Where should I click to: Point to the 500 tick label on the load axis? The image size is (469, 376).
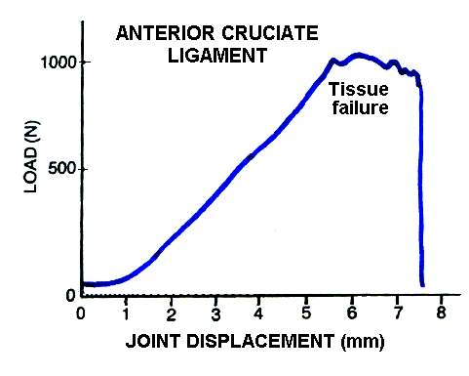click(63, 169)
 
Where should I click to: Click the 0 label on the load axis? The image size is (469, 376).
click(71, 295)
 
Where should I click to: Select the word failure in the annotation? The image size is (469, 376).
click(359, 108)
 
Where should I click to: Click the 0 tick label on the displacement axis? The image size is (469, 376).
click(81, 314)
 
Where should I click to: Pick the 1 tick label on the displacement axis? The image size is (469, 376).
click(126, 314)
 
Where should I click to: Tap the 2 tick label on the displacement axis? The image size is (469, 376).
click(171, 314)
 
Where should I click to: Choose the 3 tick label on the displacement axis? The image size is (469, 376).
click(215, 314)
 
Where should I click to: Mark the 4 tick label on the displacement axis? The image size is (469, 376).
click(260, 314)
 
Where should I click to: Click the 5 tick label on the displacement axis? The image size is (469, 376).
click(306, 314)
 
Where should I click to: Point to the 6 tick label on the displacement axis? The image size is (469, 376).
click(351, 314)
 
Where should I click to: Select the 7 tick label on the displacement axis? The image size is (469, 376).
click(396, 314)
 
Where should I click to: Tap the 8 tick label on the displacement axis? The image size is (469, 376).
click(441, 314)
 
